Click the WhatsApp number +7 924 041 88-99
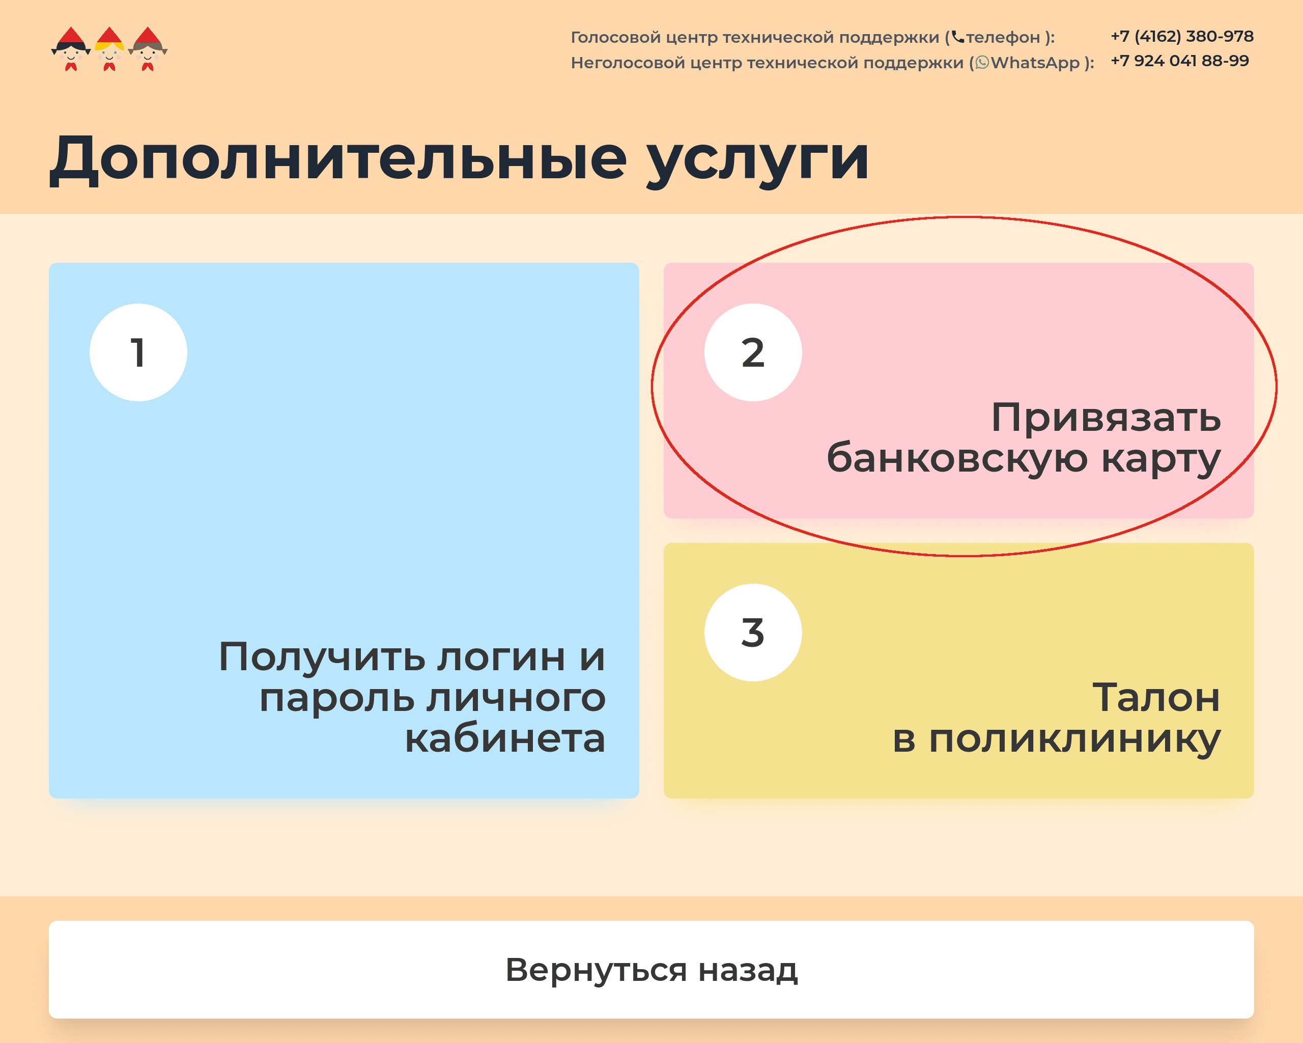1179,61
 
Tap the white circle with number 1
138,352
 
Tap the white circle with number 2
753,352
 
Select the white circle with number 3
753,632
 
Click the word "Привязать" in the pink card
1106,417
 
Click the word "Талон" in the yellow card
1156,697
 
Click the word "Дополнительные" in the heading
338,158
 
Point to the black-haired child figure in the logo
71,49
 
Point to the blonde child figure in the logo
109,49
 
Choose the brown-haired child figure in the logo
148,49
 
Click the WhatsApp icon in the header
982,62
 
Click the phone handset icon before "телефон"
958,37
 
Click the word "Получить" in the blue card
322,657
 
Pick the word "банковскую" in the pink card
957,458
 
